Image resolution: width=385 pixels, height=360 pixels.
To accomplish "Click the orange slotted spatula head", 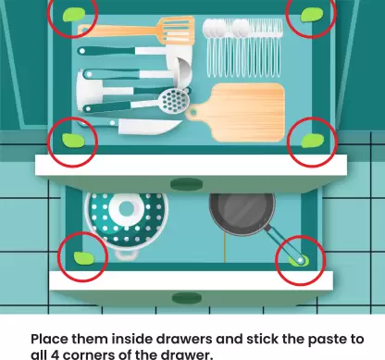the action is coord(177,30).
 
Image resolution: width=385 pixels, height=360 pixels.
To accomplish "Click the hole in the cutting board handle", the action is coord(193,112).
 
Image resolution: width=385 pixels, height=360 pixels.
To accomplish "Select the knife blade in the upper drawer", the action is coord(149,127).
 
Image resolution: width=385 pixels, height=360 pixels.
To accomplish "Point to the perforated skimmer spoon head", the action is coord(173,100).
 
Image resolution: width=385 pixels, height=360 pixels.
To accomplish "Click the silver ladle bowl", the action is coord(182,72).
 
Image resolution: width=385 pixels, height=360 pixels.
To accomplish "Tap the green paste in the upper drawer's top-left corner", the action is coord(74,15).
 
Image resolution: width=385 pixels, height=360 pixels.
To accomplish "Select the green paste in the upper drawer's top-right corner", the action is coord(312,15).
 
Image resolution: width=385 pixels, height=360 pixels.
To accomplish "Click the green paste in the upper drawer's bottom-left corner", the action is coord(73,141).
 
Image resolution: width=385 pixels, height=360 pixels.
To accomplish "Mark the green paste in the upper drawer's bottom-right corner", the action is coord(313,141).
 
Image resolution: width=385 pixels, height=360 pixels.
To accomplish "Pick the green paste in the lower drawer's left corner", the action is coord(84,258).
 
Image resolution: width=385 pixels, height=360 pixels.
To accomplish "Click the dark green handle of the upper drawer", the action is coord(186,184).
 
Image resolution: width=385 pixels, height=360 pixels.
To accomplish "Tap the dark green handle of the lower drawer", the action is coord(187,298).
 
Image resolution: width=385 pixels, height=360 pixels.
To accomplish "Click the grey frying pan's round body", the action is coord(242,213).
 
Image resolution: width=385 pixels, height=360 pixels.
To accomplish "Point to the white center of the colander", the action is coord(127,209).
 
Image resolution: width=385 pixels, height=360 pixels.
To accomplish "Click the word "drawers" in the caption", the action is coord(184,339).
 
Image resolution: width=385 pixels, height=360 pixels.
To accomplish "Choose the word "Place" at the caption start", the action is coord(49,339).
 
